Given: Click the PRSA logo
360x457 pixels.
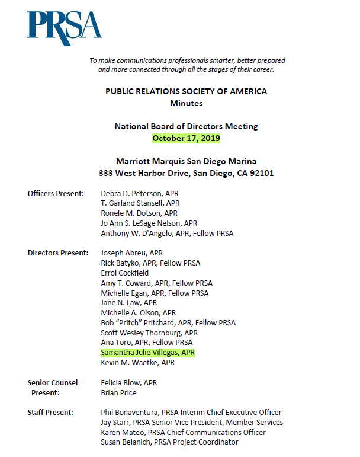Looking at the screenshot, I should (x=64, y=28).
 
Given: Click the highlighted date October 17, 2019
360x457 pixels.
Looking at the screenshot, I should (x=186, y=138).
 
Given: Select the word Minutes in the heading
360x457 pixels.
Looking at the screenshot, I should (x=186, y=103).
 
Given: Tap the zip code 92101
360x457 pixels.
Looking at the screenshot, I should (x=261, y=174).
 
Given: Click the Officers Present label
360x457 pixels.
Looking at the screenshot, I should (x=56, y=194).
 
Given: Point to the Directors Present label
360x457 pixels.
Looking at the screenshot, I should (x=58, y=253).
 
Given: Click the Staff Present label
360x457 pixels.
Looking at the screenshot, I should (x=50, y=412).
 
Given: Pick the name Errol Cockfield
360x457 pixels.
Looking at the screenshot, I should (x=125, y=273).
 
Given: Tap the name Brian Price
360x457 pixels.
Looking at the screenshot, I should (x=118, y=392).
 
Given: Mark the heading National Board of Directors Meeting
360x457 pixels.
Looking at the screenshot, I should (x=186, y=126).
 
